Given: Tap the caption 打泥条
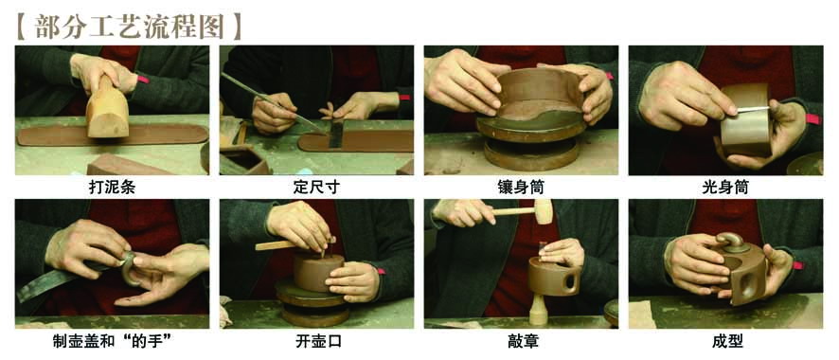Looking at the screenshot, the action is (112, 188).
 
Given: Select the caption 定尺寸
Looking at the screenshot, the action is (316, 188).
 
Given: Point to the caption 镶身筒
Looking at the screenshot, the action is (521, 188).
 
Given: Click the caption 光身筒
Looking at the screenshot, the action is (725, 188).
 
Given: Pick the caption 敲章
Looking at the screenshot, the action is (522, 342).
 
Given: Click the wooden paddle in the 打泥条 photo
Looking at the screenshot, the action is (107, 110).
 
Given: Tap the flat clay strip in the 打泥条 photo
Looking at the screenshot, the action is (113, 135).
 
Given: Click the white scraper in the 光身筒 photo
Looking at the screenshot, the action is (753, 109).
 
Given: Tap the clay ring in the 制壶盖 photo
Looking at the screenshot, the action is (130, 267).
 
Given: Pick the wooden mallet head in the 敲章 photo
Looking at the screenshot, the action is (544, 211).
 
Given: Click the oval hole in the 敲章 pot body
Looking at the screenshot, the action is (572, 279).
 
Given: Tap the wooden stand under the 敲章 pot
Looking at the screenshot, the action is (539, 310).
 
